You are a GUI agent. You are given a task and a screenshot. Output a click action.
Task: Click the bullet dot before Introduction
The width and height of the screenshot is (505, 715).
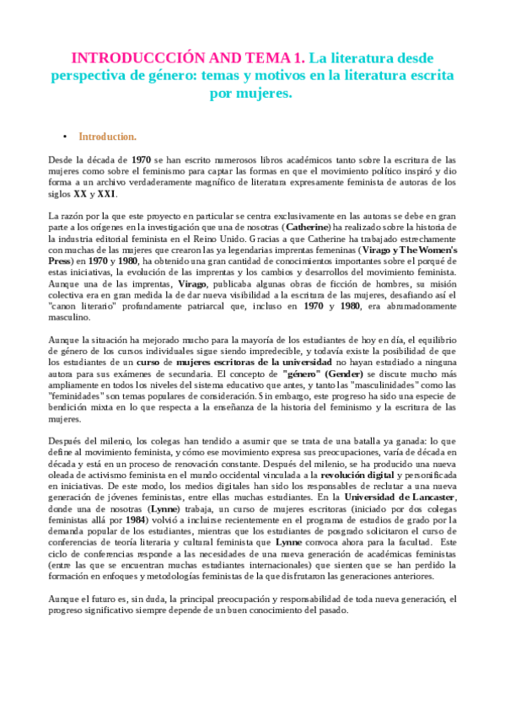[64, 136]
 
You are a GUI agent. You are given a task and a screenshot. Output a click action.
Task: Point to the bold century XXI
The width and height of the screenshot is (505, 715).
[106, 194]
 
